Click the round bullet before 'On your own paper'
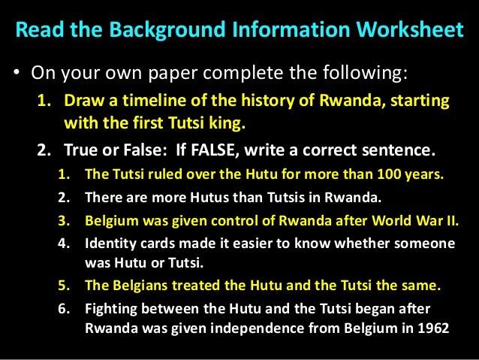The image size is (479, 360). pyautogui.click(x=16, y=75)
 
